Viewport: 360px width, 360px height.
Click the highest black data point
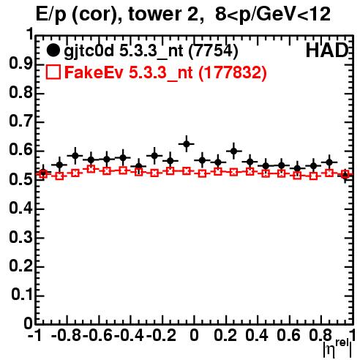(x=187, y=144)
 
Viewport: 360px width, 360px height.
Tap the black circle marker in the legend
(x=53, y=50)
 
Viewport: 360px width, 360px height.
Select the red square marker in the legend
(x=53, y=72)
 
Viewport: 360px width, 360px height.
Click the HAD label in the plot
(x=327, y=50)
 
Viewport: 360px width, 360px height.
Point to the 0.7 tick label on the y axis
(x=21, y=121)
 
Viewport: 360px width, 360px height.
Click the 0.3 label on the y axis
(x=21, y=237)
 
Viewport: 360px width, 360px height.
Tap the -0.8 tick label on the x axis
(x=67, y=335)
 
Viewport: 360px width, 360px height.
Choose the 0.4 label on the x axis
(x=257, y=335)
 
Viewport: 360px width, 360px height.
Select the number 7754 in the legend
(x=214, y=51)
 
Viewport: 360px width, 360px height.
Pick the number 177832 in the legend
(x=233, y=72)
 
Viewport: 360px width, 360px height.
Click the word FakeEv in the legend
(x=94, y=72)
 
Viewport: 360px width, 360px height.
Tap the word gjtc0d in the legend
(x=89, y=52)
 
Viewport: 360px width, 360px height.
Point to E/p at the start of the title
(x=51, y=15)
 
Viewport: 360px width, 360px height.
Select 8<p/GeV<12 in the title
(x=273, y=14)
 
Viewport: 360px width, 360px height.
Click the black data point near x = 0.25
(x=234, y=151)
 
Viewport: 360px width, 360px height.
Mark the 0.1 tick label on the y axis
(x=22, y=295)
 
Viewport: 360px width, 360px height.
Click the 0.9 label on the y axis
(x=21, y=64)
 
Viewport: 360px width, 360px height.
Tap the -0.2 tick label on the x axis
(x=161, y=335)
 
